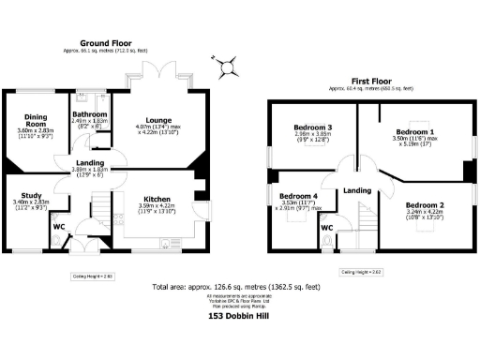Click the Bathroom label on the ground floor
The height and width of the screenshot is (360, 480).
pyautogui.click(x=90, y=114)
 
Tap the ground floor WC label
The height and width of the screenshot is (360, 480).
pyautogui.click(x=58, y=226)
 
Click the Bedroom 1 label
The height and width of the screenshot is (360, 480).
pyautogui.click(x=413, y=131)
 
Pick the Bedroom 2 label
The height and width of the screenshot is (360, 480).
pyautogui.click(x=425, y=204)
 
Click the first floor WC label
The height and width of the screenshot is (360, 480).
pyautogui.click(x=327, y=228)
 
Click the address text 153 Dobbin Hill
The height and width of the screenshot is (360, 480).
pyautogui.click(x=239, y=317)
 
